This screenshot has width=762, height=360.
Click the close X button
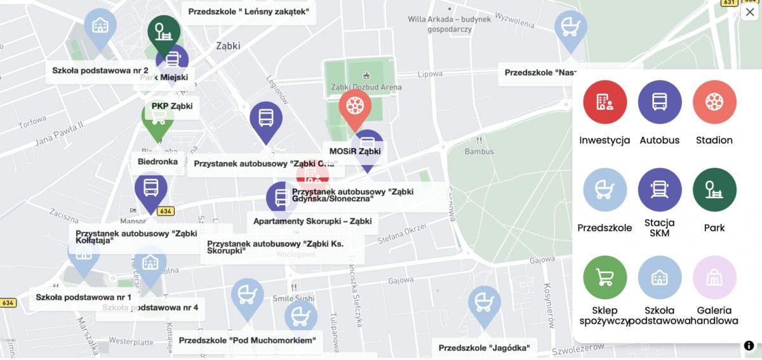click(x=749, y=12)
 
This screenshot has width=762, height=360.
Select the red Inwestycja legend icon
click(x=605, y=102)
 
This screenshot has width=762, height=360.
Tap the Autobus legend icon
click(x=659, y=102)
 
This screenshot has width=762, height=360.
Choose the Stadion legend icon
click(x=714, y=102)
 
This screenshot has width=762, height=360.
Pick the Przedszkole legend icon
click(x=605, y=190)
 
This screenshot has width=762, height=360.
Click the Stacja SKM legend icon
click(x=659, y=190)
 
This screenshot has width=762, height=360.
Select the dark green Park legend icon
click(x=714, y=190)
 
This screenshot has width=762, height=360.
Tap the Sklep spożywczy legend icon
click(x=605, y=277)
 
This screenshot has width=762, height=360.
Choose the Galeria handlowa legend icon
click(x=714, y=277)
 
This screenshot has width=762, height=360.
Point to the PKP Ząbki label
click(x=171, y=106)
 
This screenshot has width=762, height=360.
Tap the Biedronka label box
click(x=158, y=162)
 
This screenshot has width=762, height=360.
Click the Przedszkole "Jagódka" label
click(x=484, y=348)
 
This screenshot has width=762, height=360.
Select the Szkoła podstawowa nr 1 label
click(x=83, y=297)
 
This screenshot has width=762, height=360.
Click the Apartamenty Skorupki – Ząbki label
click(x=312, y=222)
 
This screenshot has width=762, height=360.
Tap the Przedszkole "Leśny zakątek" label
click(x=248, y=11)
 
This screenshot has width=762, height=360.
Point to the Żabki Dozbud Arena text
click(x=366, y=87)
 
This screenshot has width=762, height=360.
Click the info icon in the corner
click(x=749, y=346)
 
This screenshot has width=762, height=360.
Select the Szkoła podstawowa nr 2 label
click(x=100, y=70)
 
